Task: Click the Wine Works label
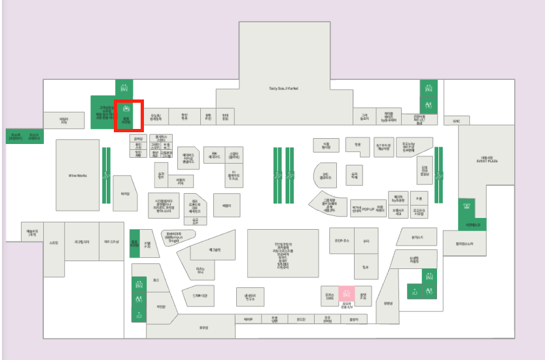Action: (78, 175)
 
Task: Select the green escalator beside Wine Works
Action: (105, 174)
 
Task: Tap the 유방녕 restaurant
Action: (388, 303)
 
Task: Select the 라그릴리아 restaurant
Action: (82, 242)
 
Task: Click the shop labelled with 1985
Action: (329, 297)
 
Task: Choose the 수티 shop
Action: (366, 240)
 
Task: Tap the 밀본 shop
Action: (366, 266)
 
